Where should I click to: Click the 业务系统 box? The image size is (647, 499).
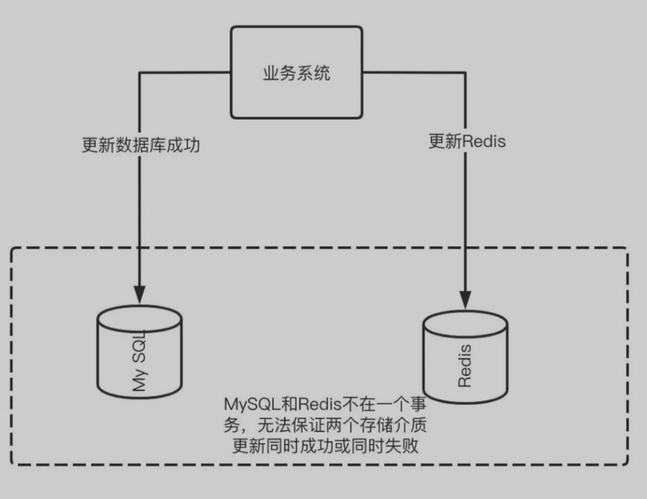296,72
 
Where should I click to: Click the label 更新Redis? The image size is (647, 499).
467,141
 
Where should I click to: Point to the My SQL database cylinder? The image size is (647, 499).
139,352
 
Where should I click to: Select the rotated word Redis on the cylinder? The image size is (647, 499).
464,365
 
